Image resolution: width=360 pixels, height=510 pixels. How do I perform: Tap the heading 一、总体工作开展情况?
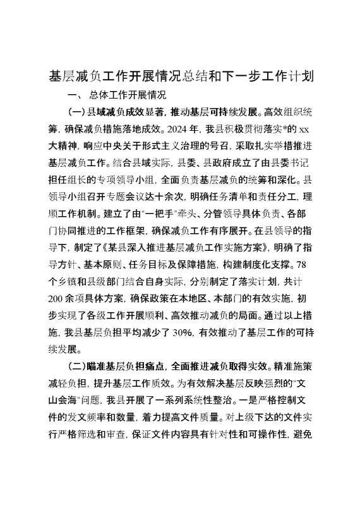tap(119, 95)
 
